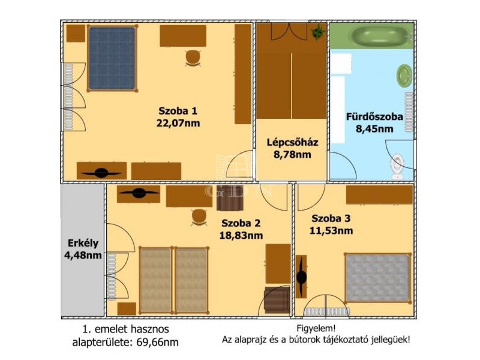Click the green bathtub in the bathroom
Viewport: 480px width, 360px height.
[x=380, y=35]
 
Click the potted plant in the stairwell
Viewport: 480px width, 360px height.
[x=318, y=32]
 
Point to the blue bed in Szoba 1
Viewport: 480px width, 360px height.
[x=112, y=58]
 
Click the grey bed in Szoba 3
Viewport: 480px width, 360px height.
[x=378, y=278]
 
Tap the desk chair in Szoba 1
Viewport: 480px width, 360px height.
[x=193, y=58]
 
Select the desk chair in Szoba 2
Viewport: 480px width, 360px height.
[x=199, y=217]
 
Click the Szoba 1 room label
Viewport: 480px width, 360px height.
[x=178, y=110]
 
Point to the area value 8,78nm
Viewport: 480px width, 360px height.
[x=292, y=154]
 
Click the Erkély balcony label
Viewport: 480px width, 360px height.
[x=83, y=243]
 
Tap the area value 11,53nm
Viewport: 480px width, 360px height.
[x=331, y=230]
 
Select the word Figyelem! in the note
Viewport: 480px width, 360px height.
[x=316, y=328]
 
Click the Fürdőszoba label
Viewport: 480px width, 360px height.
[x=374, y=116]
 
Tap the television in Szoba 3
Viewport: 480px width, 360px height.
[x=302, y=277]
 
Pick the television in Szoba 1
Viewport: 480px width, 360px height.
[x=101, y=173]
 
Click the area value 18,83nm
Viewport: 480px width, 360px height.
[x=241, y=235]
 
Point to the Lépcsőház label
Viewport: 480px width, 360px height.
[x=292, y=142]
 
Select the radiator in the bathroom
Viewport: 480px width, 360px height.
[x=409, y=112]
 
